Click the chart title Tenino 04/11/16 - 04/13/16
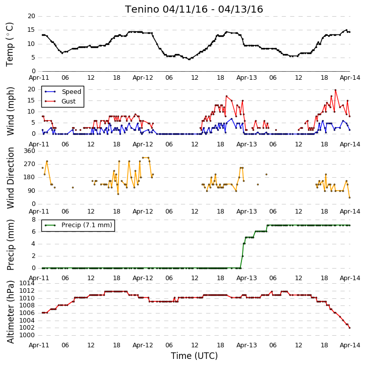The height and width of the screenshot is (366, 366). click(194, 10)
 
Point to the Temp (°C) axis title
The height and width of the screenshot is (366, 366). click(10, 44)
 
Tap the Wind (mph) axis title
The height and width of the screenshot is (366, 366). click(10, 111)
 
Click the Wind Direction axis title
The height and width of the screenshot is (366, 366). click(10, 178)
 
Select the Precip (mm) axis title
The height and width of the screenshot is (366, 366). click(10, 245)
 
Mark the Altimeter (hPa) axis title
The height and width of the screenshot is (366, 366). click(10, 312)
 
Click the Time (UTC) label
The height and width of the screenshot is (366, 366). click(194, 356)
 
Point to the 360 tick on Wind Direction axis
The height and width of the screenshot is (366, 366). click(30, 151)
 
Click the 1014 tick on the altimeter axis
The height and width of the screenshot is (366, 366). click(27, 283)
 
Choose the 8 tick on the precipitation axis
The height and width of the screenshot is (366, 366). click(34, 220)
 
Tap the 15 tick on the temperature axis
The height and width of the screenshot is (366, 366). click(31, 30)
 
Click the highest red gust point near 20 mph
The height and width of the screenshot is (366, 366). click(335, 90)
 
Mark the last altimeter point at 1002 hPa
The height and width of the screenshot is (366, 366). click(349, 328)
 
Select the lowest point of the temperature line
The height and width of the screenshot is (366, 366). click(189, 60)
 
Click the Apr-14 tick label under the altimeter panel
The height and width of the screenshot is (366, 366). click(350, 345)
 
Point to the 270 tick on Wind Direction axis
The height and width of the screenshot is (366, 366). click(30, 164)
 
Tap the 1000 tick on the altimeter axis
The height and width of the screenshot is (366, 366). click(27, 335)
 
